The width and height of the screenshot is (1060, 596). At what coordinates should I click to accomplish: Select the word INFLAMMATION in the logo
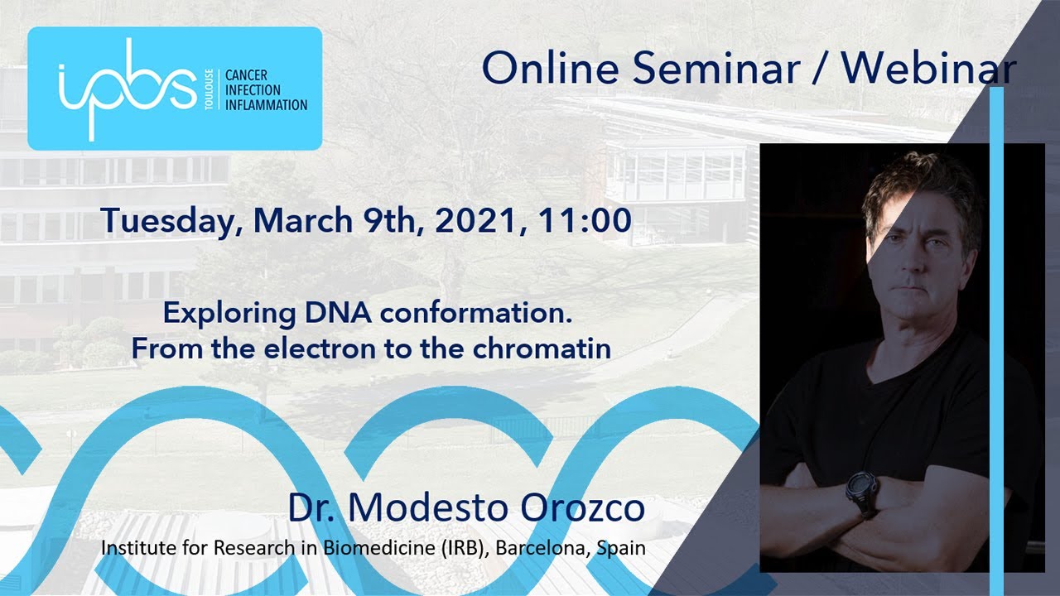(266, 105)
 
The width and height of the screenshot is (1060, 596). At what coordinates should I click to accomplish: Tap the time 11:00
(585, 220)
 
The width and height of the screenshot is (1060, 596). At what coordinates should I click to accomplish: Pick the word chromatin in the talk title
(542, 348)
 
